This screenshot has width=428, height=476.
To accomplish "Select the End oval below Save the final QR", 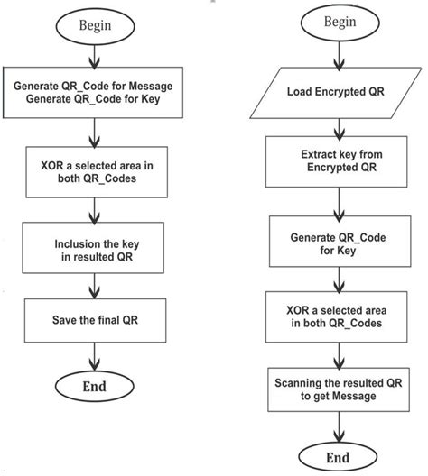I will [95, 387].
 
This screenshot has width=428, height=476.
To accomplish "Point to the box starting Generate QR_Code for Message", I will [95, 92].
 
